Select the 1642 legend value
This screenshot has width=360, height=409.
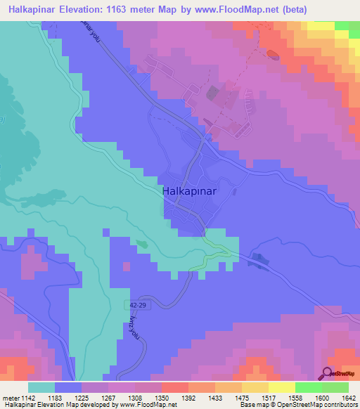click(348, 398)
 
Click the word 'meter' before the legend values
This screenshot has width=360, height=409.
click(11, 398)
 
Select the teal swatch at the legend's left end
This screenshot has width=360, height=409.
click(41, 387)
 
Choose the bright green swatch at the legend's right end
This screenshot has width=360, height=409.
click(335, 387)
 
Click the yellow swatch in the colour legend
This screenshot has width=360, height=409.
click(281, 387)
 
